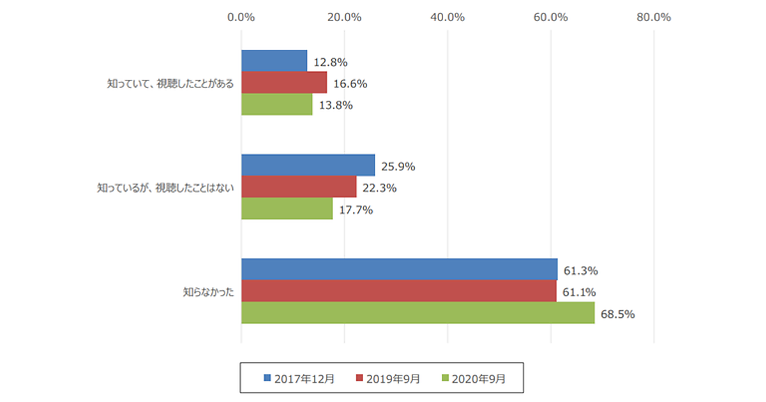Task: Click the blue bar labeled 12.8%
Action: tap(274, 61)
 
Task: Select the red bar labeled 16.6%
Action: tap(284, 83)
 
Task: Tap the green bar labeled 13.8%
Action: tap(277, 105)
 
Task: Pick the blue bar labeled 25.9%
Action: tap(308, 166)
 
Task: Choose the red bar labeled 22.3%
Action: tap(299, 188)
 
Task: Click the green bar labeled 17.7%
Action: tap(287, 209)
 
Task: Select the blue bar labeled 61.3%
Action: tap(399, 270)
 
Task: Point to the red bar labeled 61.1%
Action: tap(398, 292)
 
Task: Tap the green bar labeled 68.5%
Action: tap(417, 313)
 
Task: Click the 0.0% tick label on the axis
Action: tap(241, 17)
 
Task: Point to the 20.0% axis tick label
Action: tap(345, 17)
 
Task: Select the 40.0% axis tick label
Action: tap(447, 17)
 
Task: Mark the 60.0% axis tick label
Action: tap(551, 17)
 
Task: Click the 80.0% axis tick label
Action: tap(654, 17)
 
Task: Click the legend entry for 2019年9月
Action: tap(387, 378)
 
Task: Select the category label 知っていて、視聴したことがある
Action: tap(170, 84)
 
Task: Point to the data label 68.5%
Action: tap(617, 314)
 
